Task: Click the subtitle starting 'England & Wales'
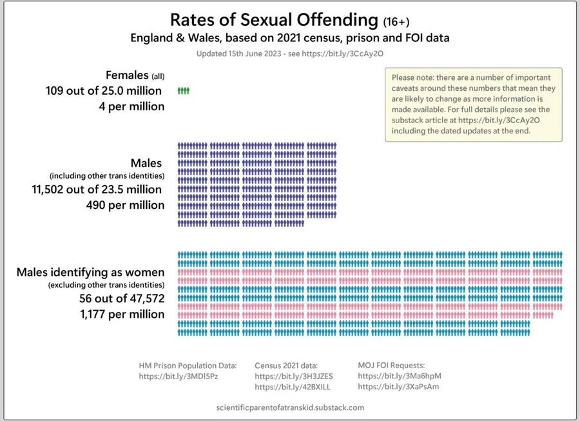click(x=289, y=38)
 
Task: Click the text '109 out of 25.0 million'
click(x=104, y=91)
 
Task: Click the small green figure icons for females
click(x=184, y=91)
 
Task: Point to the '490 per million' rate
click(x=122, y=205)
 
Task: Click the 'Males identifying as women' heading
click(x=90, y=272)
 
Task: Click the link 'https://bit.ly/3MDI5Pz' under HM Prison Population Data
click(x=179, y=376)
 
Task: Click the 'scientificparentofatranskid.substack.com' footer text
click(x=291, y=407)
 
